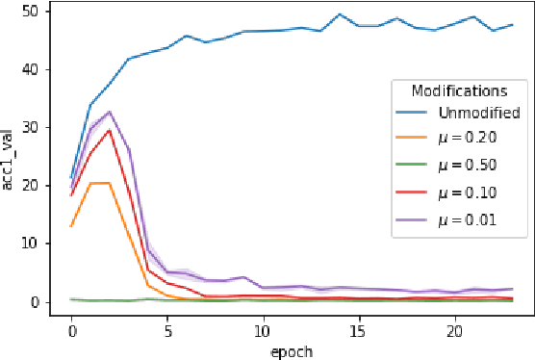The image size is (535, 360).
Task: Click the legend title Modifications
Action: (459, 91)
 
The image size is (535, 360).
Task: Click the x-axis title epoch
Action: (291, 351)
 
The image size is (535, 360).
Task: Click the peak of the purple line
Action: (110, 112)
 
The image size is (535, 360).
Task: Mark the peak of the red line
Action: (110, 130)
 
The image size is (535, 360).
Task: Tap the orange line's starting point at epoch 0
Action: (72, 226)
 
